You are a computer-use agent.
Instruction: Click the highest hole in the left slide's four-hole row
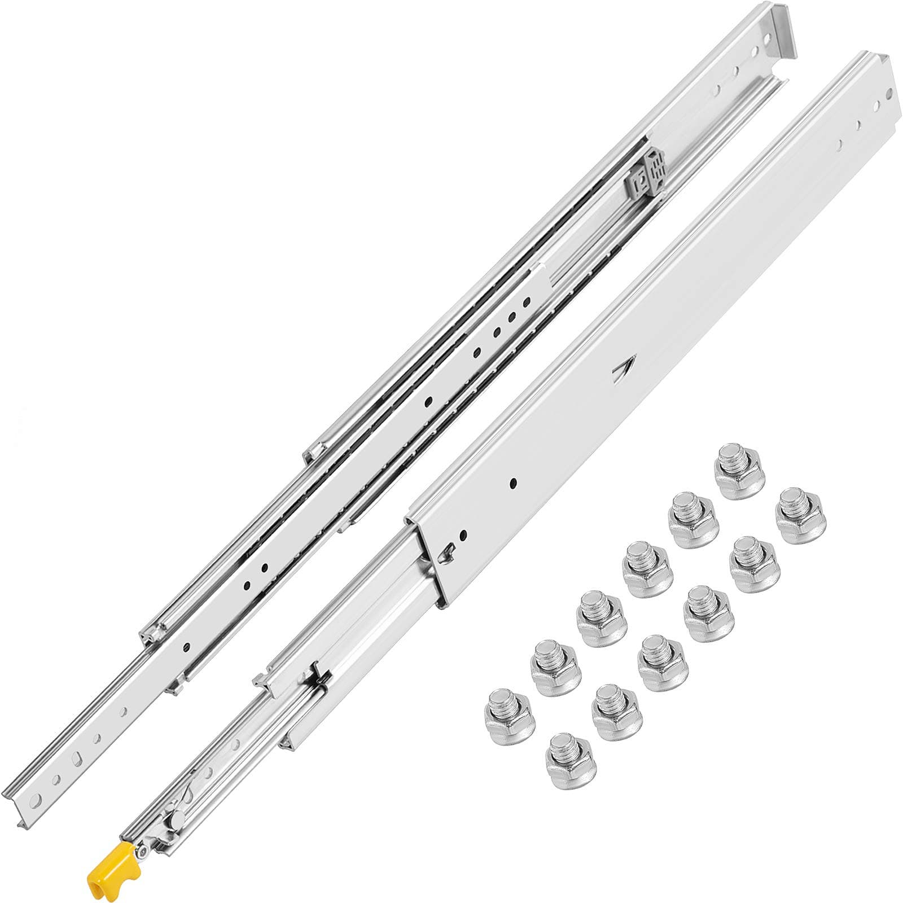coord(527,303)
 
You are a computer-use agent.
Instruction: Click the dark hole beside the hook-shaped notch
coord(463,533)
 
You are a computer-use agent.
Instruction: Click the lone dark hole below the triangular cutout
coord(514,483)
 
